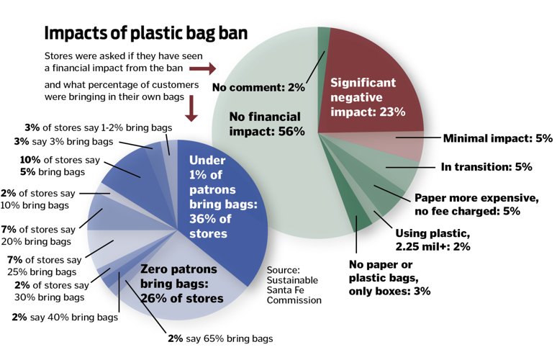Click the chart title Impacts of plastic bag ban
(145, 33)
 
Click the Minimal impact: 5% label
(498, 138)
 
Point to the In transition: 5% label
(486, 166)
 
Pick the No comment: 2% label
(258, 87)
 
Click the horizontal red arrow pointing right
(202, 68)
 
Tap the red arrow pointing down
(191, 109)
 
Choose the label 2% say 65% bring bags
(220, 338)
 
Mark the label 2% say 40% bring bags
(65, 317)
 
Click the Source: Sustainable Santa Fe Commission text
(294, 285)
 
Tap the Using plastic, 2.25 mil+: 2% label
(433, 240)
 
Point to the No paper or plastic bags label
(389, 277)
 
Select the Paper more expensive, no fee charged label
(476, 204)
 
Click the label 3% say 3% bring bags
(63, 141)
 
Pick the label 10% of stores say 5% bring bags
(60, 166)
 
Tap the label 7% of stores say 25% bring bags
(44, 266)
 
